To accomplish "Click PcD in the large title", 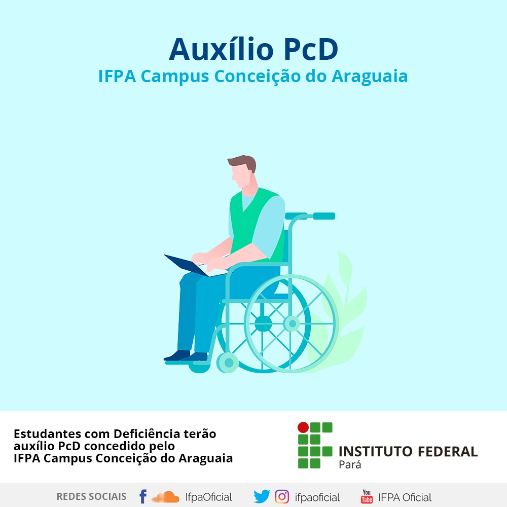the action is point(311,50).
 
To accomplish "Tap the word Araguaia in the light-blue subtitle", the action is point(370,77).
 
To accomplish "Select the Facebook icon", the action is point(143,496).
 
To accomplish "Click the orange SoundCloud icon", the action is point(165,497).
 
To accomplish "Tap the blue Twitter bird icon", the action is point(262,496).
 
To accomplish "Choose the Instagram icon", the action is point(282,497).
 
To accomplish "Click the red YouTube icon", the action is point(367,497).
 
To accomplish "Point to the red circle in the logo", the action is point(303,427).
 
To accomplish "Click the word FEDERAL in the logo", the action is point(448,452).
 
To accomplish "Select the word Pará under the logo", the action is point(350,464).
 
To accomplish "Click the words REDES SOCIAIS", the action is point(91,497).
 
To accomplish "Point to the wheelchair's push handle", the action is point(323,216).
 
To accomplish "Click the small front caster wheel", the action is point(228,363).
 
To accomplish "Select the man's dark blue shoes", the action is point(185,356).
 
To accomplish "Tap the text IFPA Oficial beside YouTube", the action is point(405,497).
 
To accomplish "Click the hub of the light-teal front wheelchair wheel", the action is point(292,323).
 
